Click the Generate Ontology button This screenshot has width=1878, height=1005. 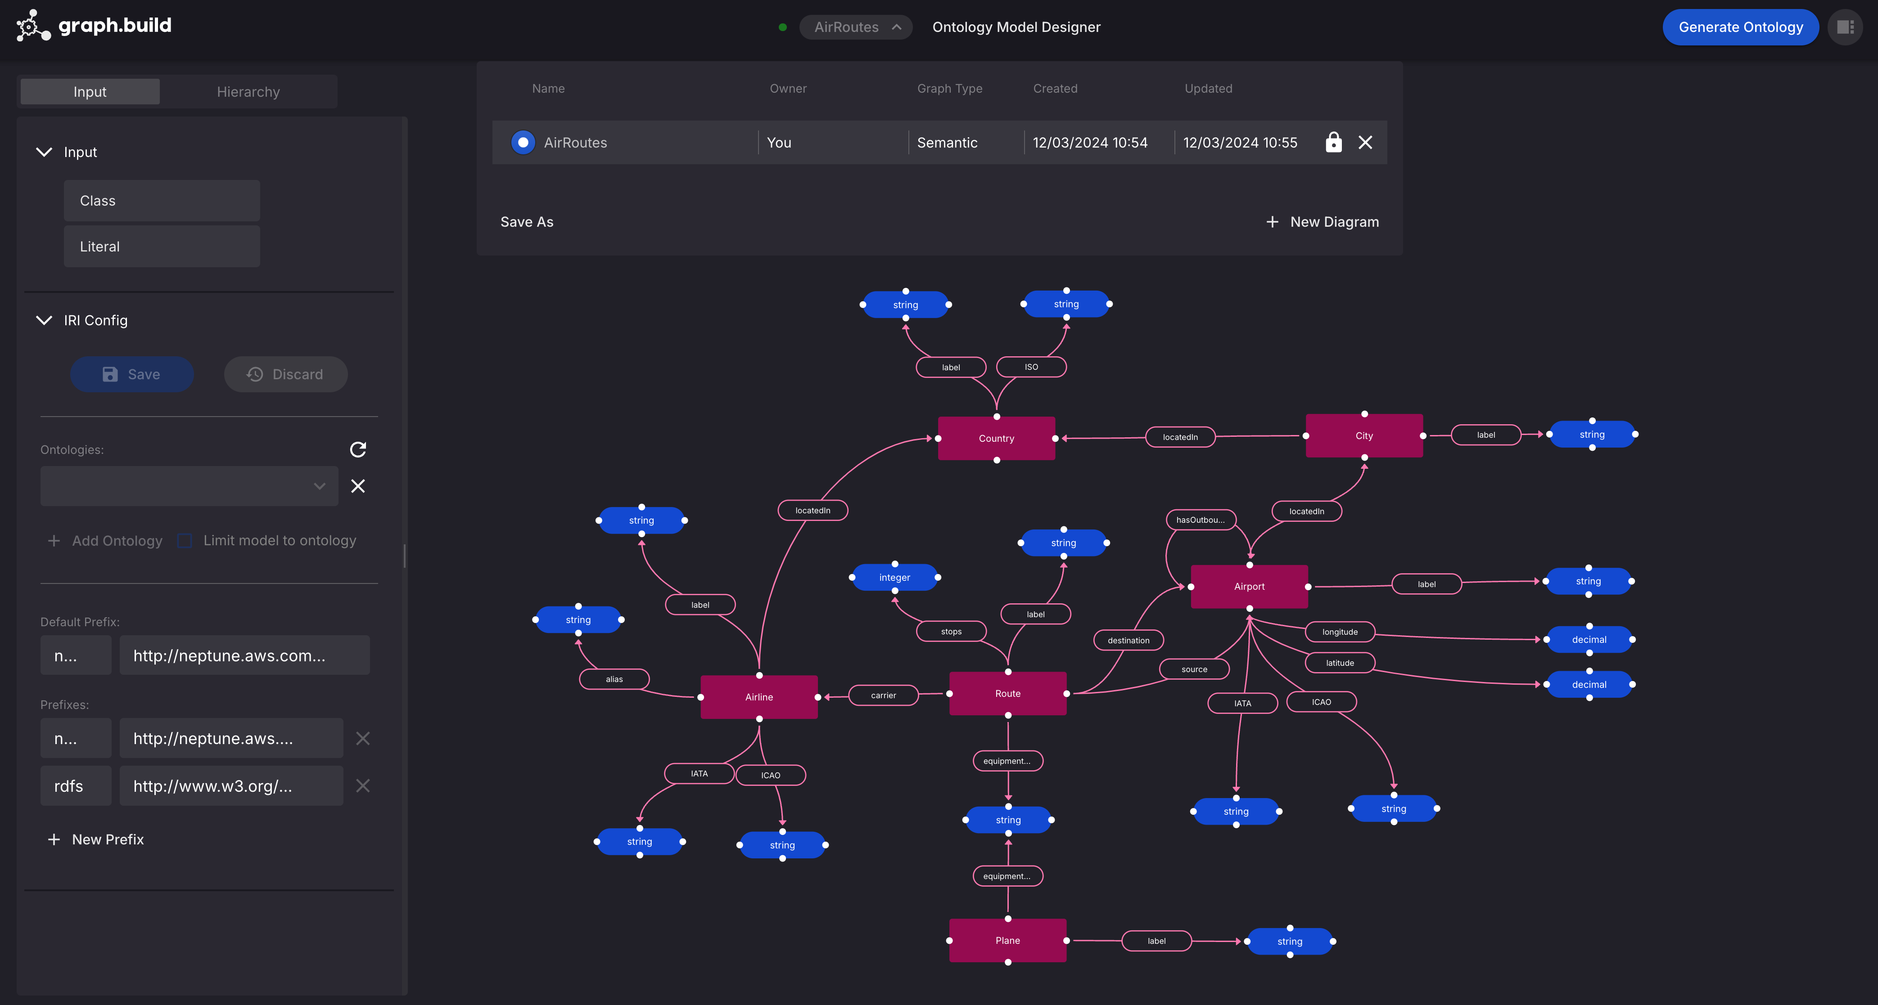[1740, 27]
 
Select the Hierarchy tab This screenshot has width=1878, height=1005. [248, 92]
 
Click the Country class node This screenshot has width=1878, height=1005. [996, 438]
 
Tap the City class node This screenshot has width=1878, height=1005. [1363, 436]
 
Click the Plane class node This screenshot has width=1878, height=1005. [1007, 940]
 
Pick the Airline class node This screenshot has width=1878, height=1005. [758, 697]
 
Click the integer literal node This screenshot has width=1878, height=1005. [894, 577]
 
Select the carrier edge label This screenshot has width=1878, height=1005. [883, 695]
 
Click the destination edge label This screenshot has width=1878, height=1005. [1128, 641]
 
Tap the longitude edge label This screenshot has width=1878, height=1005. [1339, 632]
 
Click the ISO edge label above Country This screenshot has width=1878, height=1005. [1031, 367]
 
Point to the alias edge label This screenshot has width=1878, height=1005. [614, 679]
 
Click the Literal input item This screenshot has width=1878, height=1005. [161, 247]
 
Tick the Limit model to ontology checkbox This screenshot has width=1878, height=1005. [185, 541]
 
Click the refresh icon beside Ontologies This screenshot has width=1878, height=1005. [357, 450]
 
